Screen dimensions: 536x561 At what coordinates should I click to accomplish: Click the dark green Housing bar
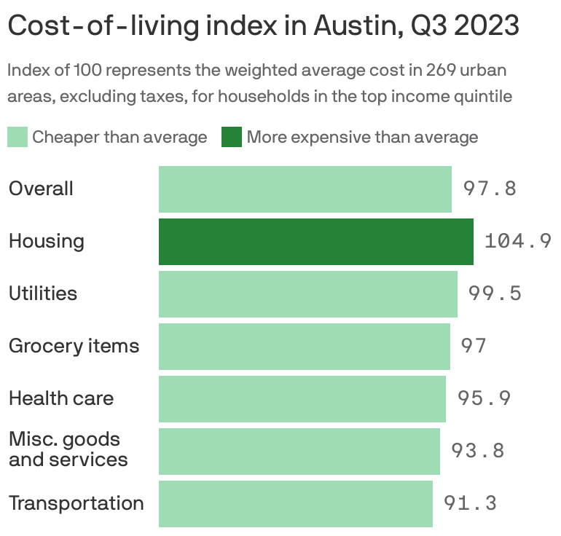tap(315, 241)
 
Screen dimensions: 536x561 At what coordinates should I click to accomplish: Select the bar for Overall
tap(305, 189)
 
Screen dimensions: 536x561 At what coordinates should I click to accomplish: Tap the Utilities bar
tap(307, 293)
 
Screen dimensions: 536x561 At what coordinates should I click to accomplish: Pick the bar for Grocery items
tap(304, 346)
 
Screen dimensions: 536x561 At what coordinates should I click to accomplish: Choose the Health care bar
tap(302, 398)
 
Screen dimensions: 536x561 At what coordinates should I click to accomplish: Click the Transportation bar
tap(295, 503)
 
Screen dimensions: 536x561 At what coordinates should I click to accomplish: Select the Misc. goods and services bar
tap(299, 451)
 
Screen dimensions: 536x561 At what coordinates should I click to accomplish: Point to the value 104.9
tap(517, 241)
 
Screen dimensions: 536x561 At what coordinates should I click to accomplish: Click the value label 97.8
tap(490, 189)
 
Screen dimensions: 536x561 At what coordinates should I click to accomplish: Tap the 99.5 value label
tap(495, 293)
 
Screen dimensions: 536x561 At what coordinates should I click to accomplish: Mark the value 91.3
tap(470, 503)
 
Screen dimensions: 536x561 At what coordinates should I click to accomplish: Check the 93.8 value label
tap(478, 451)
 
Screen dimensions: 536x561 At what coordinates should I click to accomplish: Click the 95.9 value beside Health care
tap(484, 398)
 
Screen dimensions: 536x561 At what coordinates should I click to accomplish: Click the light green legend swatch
tap(17, 137)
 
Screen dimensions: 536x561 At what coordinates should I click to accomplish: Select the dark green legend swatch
tap(232, 137)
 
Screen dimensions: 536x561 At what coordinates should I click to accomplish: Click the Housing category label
tap(46, 241)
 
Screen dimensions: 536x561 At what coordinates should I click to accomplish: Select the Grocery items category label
tap(74, 346)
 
